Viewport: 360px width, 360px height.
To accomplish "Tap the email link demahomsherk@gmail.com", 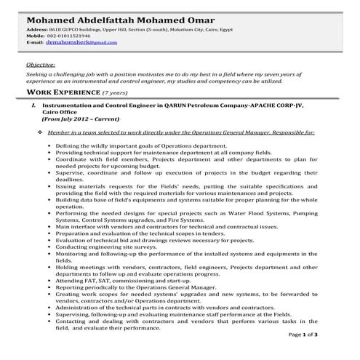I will tap(81, 43).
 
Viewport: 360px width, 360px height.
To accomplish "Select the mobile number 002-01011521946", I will tap(70, 36).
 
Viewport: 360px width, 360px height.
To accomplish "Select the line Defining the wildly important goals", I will tap(130, 145).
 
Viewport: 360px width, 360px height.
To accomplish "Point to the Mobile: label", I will tap(35, 36).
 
